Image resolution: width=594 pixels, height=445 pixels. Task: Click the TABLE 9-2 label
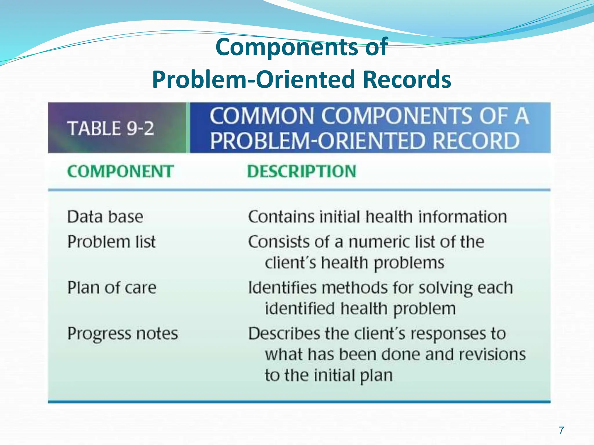111,128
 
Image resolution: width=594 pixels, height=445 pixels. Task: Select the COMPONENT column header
120,171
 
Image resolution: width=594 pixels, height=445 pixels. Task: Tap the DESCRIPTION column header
302,171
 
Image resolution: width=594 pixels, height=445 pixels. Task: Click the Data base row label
105,217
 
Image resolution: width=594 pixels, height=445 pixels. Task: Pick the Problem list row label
111,242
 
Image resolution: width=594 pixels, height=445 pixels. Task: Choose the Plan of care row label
112,288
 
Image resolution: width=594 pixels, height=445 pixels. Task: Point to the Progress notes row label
123,334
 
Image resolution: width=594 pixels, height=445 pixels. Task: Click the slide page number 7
562,430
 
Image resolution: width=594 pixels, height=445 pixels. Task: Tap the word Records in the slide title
407,79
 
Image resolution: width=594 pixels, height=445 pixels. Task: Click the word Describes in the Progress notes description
284,334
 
